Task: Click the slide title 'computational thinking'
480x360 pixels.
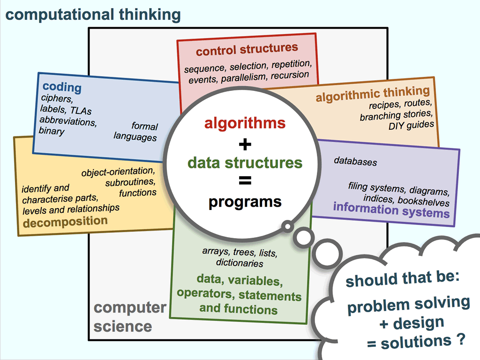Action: click(x=93, y=15)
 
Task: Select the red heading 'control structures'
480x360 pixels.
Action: click(x=247, y=49)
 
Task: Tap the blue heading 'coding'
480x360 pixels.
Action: click(x=62, y=87)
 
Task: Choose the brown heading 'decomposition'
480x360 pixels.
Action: click(x=65, y=222)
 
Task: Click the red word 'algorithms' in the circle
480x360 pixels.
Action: click(x=245, y=123)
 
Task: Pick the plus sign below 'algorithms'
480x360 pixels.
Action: click(x=245, y=143)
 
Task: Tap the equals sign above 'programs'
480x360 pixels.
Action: click(x=245, y=181)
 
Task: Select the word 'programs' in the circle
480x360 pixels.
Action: click(x=245, y=202)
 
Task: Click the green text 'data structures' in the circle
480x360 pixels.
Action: click(x=245, y=163)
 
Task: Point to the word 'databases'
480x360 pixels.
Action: click(x=355, y=162)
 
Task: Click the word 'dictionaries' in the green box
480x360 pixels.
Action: click(x=240, y=263)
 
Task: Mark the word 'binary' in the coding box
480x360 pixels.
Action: click(x=52, y=131)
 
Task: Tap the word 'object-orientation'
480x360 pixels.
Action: click(x=118, y=172)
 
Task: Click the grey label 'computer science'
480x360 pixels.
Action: click(x=129, y=316)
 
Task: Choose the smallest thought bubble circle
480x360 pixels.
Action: click(x=287, y=227)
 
